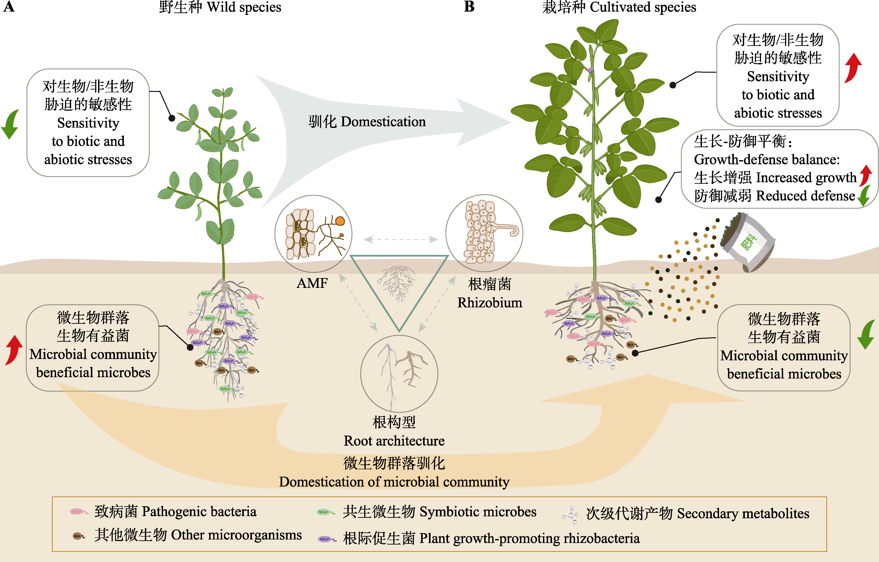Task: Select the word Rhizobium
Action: click(x=490, y=303)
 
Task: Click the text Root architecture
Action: click(x=394, y=441)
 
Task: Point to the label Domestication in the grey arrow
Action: click(x=383, y=122)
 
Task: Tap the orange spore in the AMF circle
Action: click(x=340, y=221)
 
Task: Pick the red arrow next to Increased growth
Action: click(x=865, y=175)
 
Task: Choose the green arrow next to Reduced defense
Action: click(x=864, y=196)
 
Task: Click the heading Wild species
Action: click(x=244, y=7)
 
